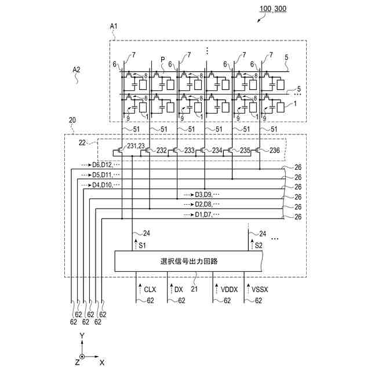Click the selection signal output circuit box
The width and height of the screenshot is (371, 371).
(x=188, y=261)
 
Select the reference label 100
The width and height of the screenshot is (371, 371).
(x=265, y=9)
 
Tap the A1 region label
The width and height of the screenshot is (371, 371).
(x=114, y=26)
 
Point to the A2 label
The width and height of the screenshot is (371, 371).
(x=76, y=70)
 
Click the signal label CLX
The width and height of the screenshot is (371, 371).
(x=150, y=289)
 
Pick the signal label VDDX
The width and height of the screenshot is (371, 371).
(x=229, y=289)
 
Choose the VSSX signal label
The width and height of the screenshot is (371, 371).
(x=260, y=289)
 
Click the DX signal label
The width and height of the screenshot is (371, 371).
(x=179, y=289)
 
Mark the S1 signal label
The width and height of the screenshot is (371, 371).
(x=142, y=246)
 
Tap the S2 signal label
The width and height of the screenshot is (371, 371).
(x=259, y=246)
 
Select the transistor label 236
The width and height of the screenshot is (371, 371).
(x=274, y=150)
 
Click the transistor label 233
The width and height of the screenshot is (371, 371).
(x=190, y=150)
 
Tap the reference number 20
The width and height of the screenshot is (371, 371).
(x=72, y=120)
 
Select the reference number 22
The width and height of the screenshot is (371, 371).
(x=82, y=143)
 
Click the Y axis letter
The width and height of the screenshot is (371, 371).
(x=82, y=336)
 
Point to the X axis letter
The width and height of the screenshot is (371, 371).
(x=102, y=362)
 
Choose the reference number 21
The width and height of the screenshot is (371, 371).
(x=194, y=289)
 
